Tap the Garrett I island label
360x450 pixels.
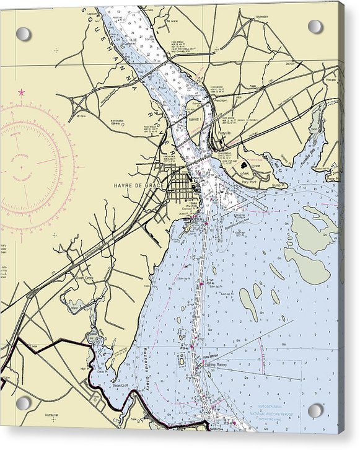pos(195,118)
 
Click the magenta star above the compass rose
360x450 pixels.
pos(22,92)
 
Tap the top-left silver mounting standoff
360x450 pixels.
pos(24,34)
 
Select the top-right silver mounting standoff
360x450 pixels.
pos(315,27)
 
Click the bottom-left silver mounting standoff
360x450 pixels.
pos(23,404)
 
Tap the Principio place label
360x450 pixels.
pos(331,80)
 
